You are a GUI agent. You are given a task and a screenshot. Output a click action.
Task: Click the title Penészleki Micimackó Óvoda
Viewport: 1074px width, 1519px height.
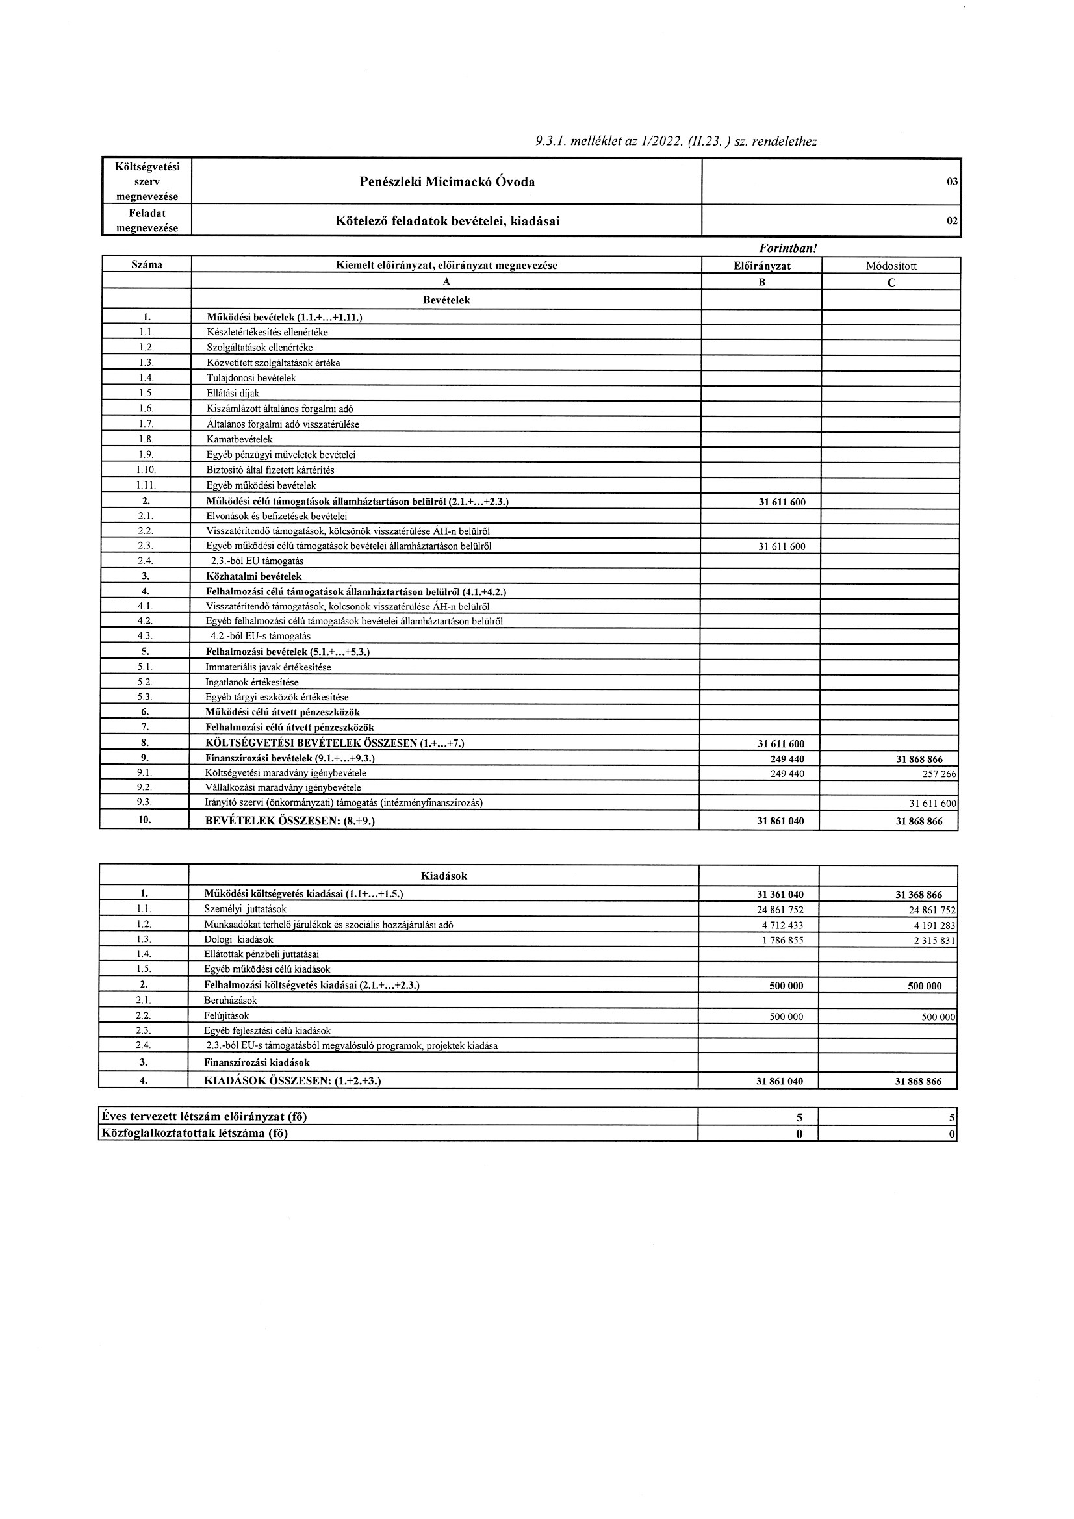coord(446,182)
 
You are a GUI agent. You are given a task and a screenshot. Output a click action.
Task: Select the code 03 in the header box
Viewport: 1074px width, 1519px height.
coord(953,182)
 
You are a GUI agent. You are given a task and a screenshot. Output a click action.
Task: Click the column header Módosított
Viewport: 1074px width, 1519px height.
coord(891,266)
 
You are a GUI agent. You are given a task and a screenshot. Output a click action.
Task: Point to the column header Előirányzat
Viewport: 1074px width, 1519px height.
coord(761,266)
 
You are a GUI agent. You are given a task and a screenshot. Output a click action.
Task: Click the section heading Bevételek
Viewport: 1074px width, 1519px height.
coord(446,300)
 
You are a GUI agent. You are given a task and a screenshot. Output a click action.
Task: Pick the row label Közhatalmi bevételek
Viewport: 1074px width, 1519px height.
coord(254,576)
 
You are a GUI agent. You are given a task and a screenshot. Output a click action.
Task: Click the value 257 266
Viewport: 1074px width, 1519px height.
coord(939,773)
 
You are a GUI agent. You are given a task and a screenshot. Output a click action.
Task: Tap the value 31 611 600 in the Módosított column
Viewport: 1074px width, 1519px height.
coord(932,803)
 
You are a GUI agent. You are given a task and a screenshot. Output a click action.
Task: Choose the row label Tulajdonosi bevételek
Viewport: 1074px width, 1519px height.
coord(251,378)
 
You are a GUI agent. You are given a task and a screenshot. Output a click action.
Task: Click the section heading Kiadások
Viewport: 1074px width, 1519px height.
coord(444,876)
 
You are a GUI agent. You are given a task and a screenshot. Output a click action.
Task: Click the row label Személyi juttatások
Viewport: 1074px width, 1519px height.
coord(246,910)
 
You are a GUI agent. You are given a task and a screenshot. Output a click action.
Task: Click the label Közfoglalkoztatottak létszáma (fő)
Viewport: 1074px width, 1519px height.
coord(194,1133)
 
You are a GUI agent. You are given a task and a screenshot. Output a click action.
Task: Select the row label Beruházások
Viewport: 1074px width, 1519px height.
coord(231,1001)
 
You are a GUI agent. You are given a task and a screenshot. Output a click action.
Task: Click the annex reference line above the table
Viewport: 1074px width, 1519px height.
coord(676,141)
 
